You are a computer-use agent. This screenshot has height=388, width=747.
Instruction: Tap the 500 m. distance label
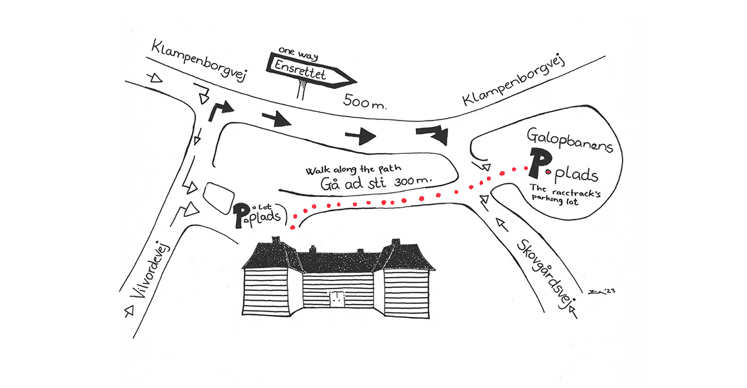coord(365,101)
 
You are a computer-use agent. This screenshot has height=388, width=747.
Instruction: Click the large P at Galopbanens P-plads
coord(537,163)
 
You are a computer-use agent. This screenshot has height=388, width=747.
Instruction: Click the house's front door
coord(337,298)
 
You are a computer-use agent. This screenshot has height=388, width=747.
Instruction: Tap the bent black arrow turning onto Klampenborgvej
coord(219,111)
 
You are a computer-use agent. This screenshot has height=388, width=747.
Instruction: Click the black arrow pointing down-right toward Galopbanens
coord(434,134)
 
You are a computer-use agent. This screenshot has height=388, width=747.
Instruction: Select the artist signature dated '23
coord(601,291)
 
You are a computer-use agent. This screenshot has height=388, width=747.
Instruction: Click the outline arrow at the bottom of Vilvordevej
coord(128,312)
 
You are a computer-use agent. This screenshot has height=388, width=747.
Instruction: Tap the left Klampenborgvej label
coord(199,61)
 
